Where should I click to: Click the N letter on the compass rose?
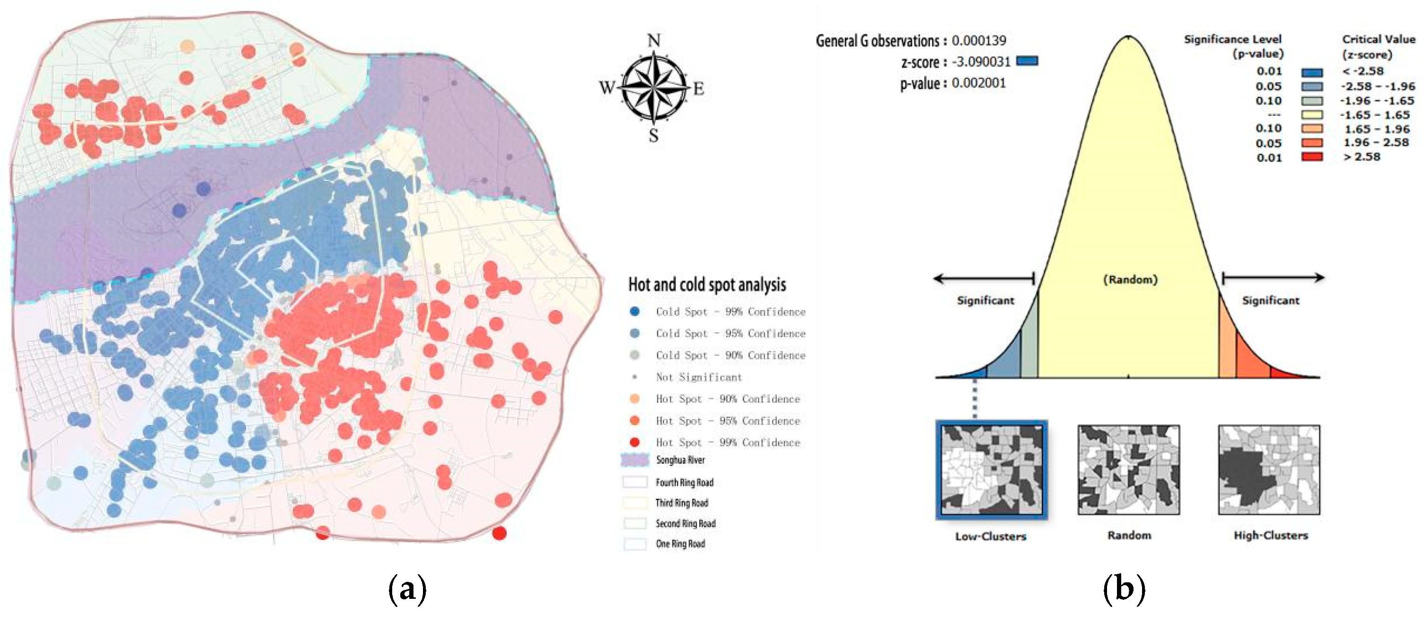point(653,40)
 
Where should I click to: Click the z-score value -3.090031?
point(981,62)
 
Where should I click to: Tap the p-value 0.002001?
point(978,83)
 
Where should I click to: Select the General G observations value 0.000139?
point(978,41)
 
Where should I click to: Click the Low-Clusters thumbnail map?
point(991,470)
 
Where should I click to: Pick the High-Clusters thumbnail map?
point(1269,470)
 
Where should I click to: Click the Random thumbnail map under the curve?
point(1128,470)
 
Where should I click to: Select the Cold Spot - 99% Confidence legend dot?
point(634,311)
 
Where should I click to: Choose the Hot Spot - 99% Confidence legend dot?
point(634,442)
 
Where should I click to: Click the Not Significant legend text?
point(699,377)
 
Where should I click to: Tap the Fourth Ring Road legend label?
point(685,483)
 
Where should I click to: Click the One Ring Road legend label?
point(680,544)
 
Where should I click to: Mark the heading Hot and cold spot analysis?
point(707,285)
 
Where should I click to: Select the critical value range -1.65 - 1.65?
point(1374,115)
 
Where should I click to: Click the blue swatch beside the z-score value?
point(1027,61)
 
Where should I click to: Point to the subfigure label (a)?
point(407,589)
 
